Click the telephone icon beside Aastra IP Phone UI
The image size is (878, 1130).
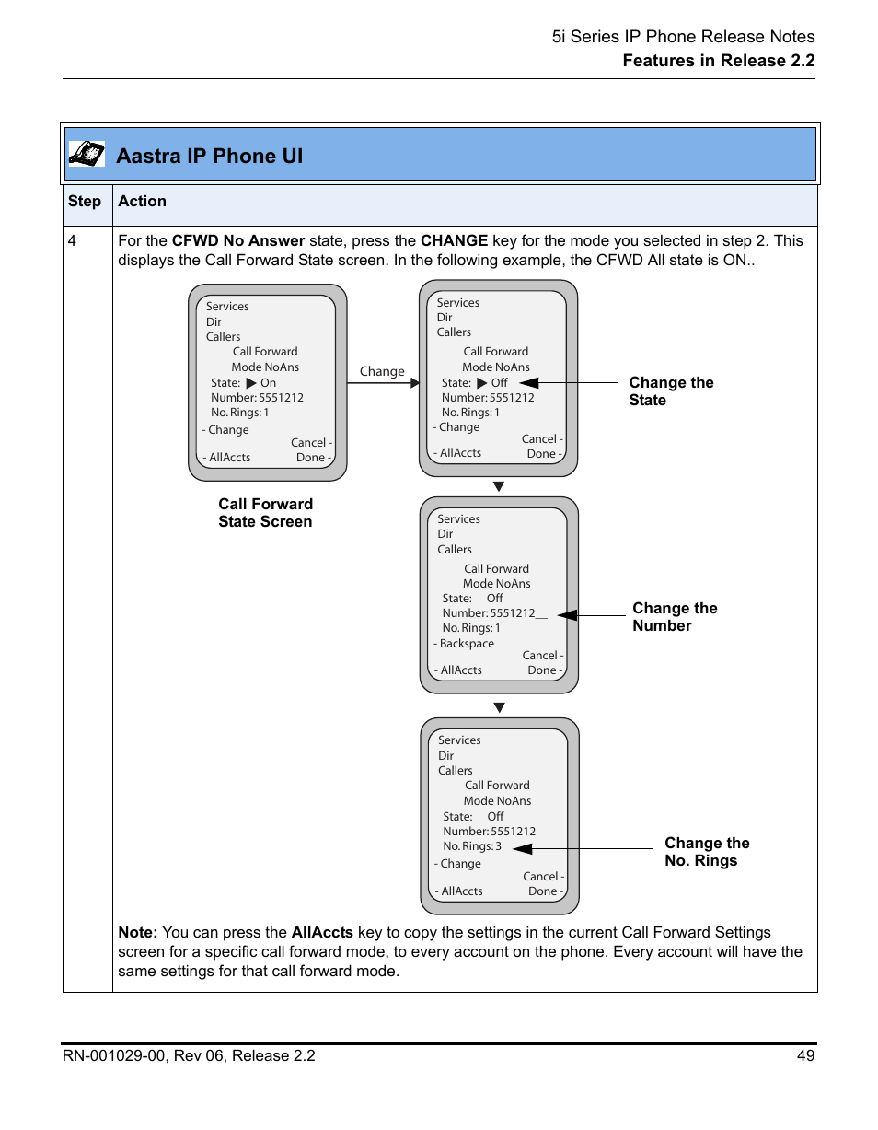pos(87,154)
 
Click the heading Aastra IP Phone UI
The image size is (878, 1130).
pos(209,156)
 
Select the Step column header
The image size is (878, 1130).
pos(85,202)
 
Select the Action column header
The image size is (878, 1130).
pos(142,202)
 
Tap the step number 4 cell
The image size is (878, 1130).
pos(72,241)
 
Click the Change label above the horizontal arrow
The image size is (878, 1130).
pos(382,372)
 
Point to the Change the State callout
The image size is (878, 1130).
pos(671,391)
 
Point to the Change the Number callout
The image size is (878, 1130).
pos(674,617)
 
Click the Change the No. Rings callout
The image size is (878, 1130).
pos(706,852)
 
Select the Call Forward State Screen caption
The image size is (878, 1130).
pos(265,513)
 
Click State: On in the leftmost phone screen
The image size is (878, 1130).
pos(243,383)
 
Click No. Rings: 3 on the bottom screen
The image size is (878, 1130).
pos(472,846)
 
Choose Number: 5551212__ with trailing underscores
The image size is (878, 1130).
pos(494,613)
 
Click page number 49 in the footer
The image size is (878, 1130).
pos(806,1055)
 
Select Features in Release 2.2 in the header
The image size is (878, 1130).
pos(718,61)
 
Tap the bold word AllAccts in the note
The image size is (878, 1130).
pos(322,932)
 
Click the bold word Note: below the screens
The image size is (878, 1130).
pos(138,932)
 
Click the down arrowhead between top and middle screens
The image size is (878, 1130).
pos(499,486)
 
